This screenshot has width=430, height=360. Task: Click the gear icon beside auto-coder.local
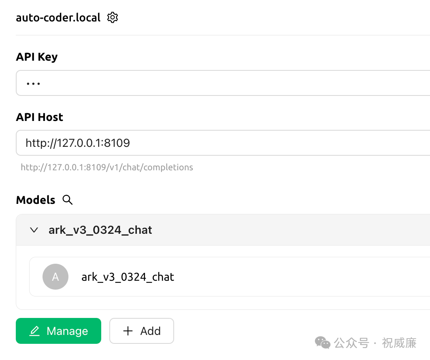(113, 17)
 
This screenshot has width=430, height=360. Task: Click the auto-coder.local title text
(58, 18)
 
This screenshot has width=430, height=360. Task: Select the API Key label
(37, 57)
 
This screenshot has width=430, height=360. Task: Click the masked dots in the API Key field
(33, 84)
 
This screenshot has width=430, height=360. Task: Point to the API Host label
(40, 117)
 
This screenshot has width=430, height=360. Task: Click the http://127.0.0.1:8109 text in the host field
(78, 143)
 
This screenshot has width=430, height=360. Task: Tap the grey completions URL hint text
(107, 167)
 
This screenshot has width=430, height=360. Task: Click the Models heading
(36, 200)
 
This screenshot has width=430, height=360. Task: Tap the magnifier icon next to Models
(68, 200)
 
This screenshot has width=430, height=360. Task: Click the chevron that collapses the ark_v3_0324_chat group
(34, 230)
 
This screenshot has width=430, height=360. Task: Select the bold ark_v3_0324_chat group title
(100, 230)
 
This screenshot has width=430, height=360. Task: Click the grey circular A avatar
(55, 277)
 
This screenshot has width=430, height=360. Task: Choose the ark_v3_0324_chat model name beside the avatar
(128, 277)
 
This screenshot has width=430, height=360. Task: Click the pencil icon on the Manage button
(35, 331)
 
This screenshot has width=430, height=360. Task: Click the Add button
(142, 331)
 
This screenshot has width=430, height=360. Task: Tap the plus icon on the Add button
(128, 331)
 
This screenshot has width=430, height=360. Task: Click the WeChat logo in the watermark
(323, 343)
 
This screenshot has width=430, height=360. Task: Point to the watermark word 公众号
(351, 343)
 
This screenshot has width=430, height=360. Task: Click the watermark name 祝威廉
(399, 343)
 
